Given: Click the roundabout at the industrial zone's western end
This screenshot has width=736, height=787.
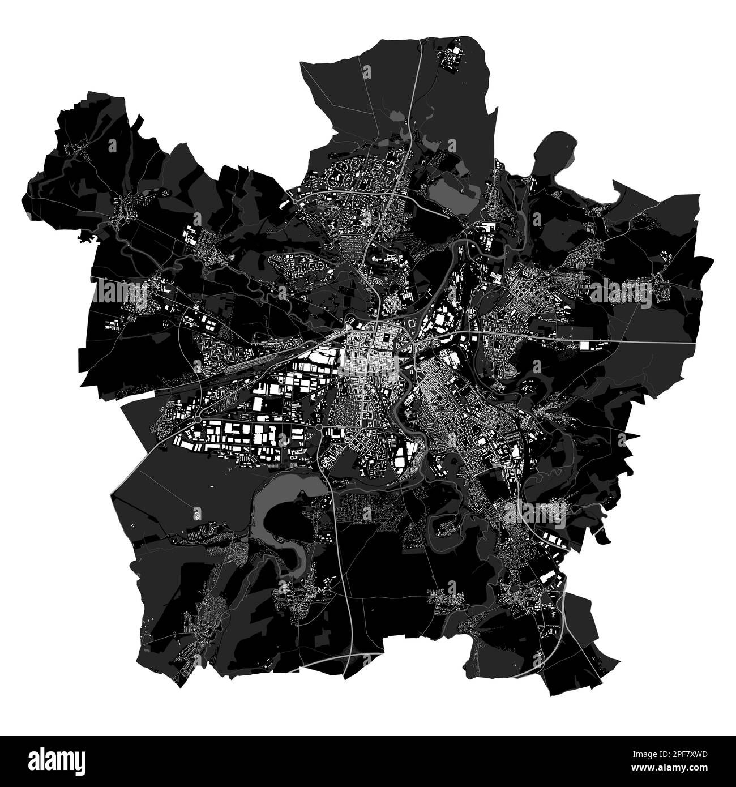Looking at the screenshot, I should tap(197, 419).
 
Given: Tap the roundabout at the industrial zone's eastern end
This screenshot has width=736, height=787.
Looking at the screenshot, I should tap(319, 426).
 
